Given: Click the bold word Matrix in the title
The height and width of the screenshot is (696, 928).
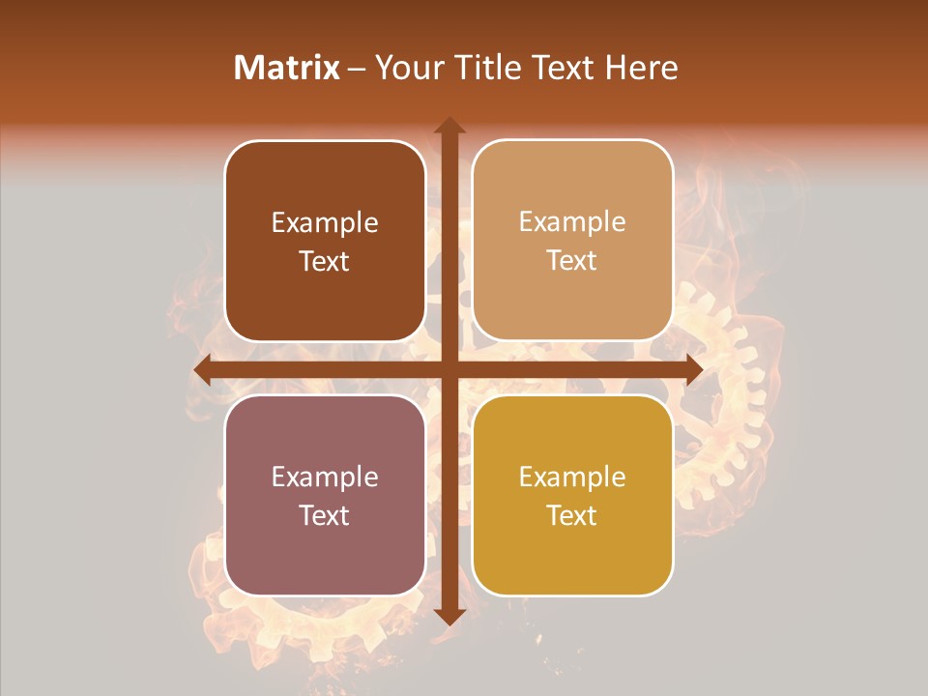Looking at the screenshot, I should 287,68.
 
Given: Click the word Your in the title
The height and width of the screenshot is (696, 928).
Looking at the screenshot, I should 406,68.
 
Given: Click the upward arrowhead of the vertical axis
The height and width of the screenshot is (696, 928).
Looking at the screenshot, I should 449,127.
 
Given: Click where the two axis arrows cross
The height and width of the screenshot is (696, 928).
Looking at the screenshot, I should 449,369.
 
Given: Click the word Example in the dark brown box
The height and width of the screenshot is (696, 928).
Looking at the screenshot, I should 325,223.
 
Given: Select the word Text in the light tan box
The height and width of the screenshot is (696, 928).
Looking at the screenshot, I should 572,261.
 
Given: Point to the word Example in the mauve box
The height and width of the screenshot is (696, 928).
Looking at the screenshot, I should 325,478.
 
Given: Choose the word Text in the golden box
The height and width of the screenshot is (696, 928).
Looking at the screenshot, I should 572,515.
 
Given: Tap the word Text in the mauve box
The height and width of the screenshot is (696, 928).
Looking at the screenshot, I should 325,515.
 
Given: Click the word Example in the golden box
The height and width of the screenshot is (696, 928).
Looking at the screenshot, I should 572,478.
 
